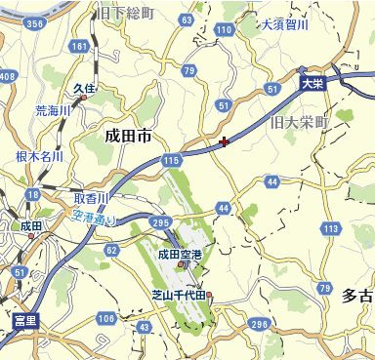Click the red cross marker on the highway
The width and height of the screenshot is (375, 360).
(226, 142)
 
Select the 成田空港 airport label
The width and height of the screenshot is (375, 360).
(180, 255)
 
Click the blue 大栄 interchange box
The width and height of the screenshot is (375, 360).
(312, 84)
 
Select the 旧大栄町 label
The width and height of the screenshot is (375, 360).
(302, 123)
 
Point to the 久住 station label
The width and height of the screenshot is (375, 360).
(84, 88)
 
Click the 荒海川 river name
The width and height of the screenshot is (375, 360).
(53, 111)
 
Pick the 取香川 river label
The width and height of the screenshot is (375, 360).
(90, 197)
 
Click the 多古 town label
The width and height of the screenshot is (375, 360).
(356, 294)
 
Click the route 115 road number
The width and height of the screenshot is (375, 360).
(172, 157)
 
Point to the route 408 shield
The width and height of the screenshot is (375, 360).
(9, 75)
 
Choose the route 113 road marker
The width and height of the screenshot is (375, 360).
(332, 228)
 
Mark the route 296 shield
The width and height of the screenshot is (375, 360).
(258, 323)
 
